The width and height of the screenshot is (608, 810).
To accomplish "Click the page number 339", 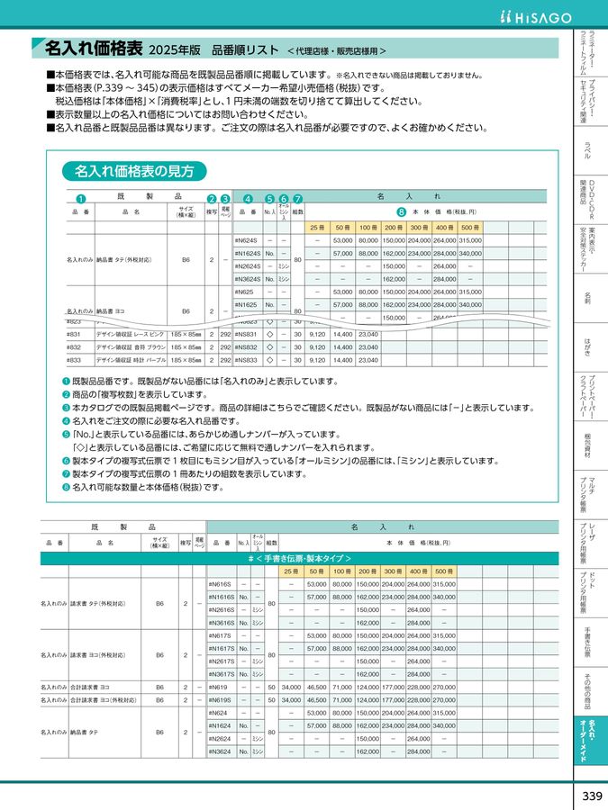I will click(x=591, y=796).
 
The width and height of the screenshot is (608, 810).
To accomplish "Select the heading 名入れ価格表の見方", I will click(x=133, y=171).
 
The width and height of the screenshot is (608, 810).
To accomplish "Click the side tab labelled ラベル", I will click(x=587, y=150).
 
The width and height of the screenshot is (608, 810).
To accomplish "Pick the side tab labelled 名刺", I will click(x=587, y=296).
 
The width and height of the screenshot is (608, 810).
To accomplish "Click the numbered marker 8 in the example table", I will click(x=402, y=213).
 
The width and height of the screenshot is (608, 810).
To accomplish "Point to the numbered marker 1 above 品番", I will click(x=79, y=199).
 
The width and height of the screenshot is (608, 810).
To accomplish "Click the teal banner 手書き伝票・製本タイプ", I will click(x=299, y=558).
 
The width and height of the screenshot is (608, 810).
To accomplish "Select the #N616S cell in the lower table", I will click(x=220, y=584).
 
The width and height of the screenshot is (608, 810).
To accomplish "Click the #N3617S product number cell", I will click(x=222, y=673).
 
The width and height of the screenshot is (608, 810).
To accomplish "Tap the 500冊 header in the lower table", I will click(x=444, y=571).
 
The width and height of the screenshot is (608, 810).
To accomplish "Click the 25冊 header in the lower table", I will click(x=291, y=571).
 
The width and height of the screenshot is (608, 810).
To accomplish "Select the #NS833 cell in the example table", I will click(x=245, y=360).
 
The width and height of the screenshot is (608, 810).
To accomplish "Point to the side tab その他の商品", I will click(x=587, y=688).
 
